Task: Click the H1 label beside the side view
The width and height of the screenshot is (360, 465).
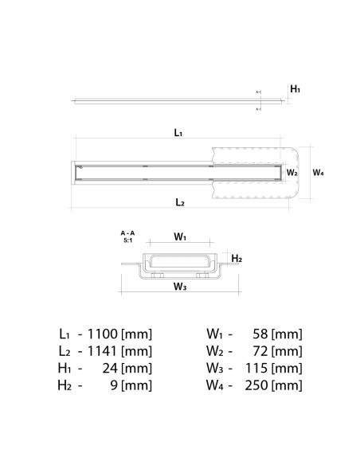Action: click(x=295, y=90)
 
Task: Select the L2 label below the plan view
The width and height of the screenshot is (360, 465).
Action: click(x=180, y=203)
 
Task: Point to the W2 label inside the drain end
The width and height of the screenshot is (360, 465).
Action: click(x=292, y=172)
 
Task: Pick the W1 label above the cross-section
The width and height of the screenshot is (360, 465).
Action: click(x=180, y=236)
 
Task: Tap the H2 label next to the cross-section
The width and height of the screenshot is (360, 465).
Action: click(x=237, y=259)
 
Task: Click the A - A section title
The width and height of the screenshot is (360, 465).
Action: click(x=127, y=232)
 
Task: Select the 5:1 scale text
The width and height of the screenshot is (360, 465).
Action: click(x=127, y=240)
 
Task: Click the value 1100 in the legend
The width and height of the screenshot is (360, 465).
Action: click(x=104, y=334)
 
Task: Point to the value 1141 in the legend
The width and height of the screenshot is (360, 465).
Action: click(x=104, y=351)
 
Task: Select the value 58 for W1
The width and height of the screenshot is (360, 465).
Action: click(x=259, y=334)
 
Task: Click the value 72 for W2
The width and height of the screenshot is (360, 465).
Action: click(x=259, y=351)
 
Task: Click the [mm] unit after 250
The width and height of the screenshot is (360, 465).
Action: click(x=287, y=386)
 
